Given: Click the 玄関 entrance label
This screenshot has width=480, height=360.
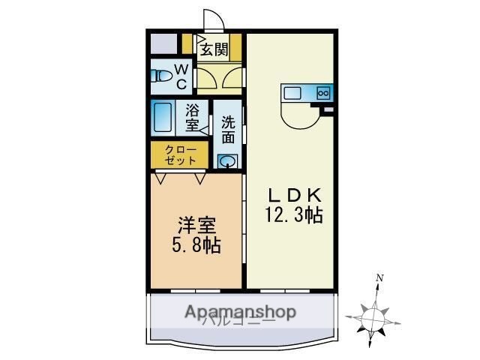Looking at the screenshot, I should point(214,49).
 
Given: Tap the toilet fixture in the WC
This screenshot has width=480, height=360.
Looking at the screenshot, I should point(159,76).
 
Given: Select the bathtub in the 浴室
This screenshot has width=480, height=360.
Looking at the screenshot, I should point(164,116).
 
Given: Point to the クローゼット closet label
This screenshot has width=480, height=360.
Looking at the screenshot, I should point(181,154).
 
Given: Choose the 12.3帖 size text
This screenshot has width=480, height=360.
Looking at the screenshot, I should point(292,216).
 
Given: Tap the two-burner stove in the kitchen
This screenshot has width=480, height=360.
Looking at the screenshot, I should point(323,93).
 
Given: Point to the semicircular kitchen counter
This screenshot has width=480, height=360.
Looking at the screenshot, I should point(295,114).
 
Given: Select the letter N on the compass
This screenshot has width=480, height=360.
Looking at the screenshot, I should point(380,278).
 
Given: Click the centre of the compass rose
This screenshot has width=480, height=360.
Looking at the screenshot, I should point(373,316).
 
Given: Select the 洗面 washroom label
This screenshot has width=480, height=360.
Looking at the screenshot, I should point(228,130).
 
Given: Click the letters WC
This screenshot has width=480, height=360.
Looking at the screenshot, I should point(181,76).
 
